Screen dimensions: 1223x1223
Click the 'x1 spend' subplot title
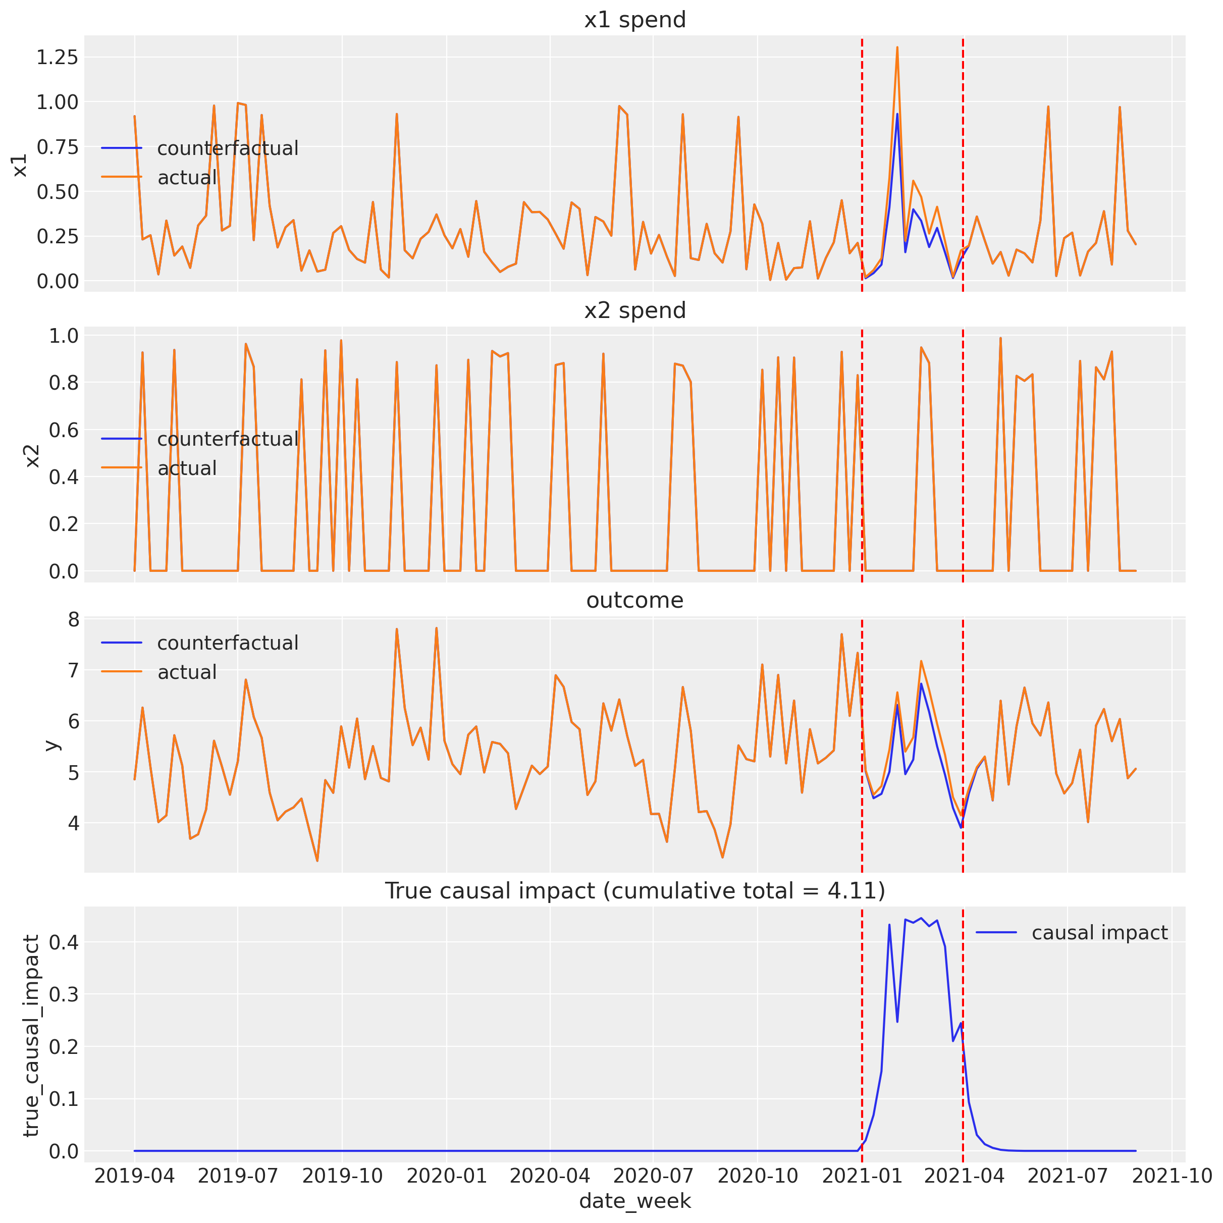click(x=634, y=20)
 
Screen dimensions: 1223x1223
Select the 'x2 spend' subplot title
click(x=634, y=310)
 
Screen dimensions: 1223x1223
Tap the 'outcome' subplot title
click(x=634, y=600)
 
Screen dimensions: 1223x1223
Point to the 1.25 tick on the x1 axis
click(x=57, y=58)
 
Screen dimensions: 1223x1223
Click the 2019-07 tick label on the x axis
click(x=238, y=1176)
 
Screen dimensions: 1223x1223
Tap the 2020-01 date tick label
click(x=446, y=1176)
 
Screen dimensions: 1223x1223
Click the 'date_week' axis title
click(x=634, y=1200)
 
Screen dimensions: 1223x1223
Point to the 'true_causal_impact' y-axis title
click(x=30, y=1035)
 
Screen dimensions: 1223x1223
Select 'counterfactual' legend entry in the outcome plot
click(x=227, y=643)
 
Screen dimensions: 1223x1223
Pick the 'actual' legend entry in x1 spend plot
click(x=187, y=178)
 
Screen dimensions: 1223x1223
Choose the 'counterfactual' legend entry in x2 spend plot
click(x=227, y=439)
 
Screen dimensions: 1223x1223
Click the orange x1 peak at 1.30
click(x=897, y=47)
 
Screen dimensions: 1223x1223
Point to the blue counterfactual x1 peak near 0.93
click(x=897, y=115)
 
